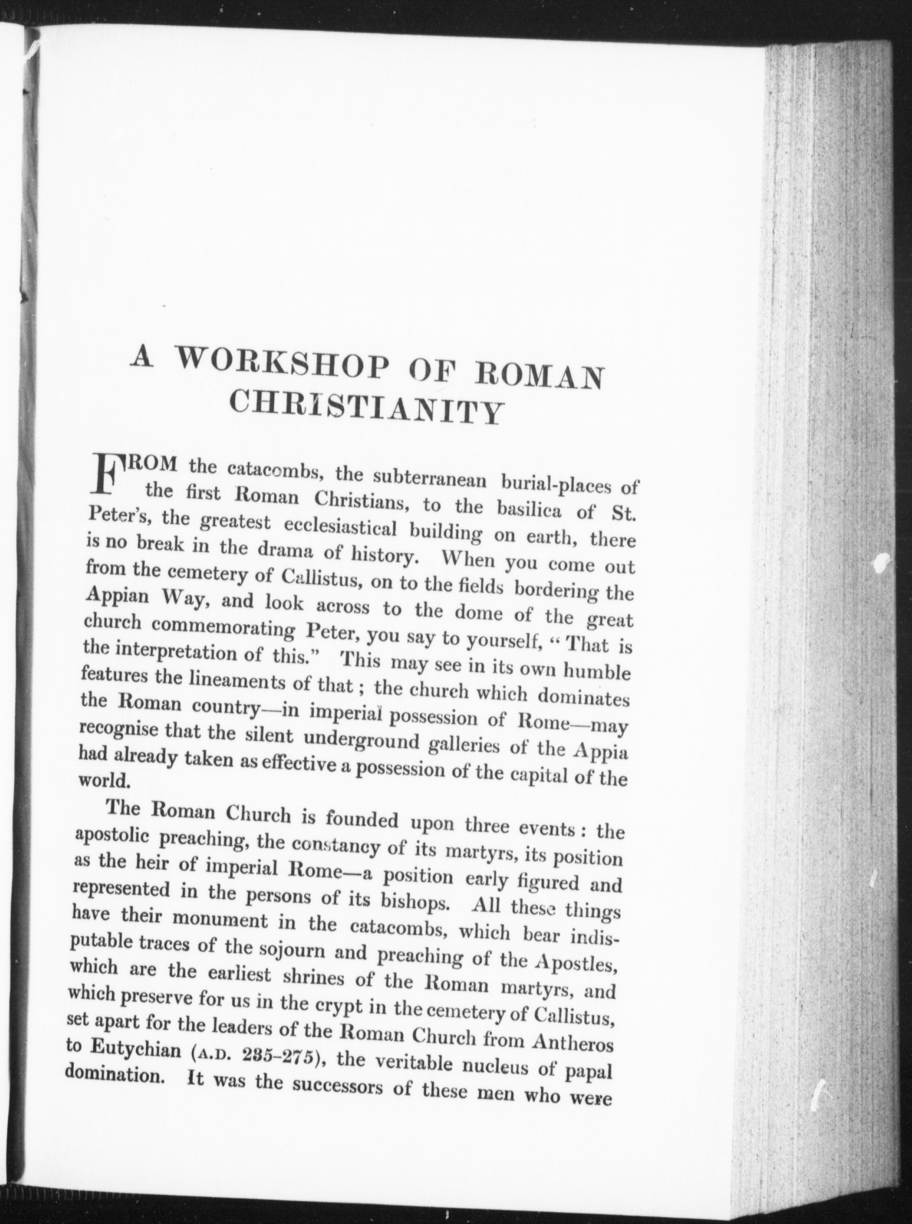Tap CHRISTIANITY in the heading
pos(364,407)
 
